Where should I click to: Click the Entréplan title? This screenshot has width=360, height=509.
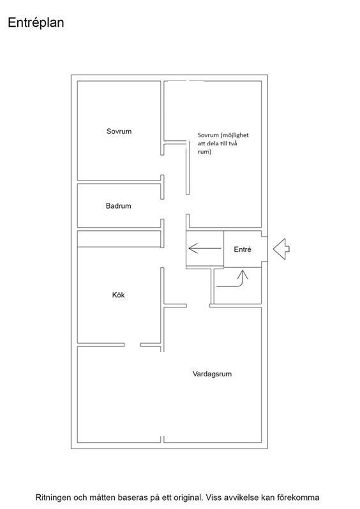(36, 23)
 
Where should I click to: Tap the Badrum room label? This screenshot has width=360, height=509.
(118, 206)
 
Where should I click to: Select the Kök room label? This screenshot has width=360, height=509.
(118, 295)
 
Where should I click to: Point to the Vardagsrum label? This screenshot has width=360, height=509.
(212, 374)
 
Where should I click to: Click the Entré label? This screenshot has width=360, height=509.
(243, 249)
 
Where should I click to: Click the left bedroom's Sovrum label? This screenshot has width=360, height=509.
(119, 131)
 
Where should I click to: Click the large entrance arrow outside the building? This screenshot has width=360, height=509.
(281, 249)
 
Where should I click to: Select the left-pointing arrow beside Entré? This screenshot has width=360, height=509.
(205, 249)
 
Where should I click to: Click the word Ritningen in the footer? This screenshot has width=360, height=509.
(53, 498)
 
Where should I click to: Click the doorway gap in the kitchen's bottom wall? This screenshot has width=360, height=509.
(132, 344)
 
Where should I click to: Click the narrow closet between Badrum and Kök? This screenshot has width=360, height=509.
(119, 239)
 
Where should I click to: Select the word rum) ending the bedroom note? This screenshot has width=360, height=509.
(204, 152)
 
